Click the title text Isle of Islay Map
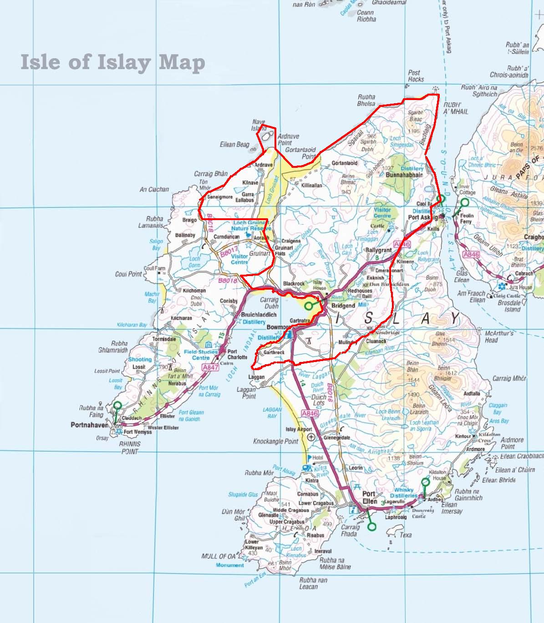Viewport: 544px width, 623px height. (112, 62)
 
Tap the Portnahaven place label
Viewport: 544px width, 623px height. (90, 425)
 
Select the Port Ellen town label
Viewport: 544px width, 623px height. (369, 497)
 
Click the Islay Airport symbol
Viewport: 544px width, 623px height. (311, 437)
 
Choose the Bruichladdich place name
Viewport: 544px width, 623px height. (258, 315)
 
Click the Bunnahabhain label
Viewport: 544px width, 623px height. (404, 175)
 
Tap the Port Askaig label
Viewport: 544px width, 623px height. (420, 217)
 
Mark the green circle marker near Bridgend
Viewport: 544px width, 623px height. (309, 305)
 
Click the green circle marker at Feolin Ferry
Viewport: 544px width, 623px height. (464, 203)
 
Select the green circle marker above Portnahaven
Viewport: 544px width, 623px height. (117, 405)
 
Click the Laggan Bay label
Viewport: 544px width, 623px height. (273, 413)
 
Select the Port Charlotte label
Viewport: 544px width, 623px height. (237, 354)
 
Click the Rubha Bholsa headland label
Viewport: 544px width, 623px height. (366, 100)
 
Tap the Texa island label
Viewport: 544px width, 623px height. (405, 535)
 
